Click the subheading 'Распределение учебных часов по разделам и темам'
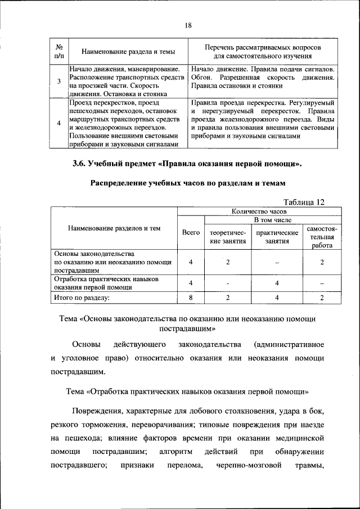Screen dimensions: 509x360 pyautogui.click(x=188, y=183)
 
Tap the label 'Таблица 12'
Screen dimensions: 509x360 pyautogui.click(x=304, y=201)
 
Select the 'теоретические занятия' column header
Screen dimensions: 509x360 pyautogui.click(x=228, y=237)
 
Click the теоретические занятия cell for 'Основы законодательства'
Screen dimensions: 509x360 pyautogui.click(x=228, y=262)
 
